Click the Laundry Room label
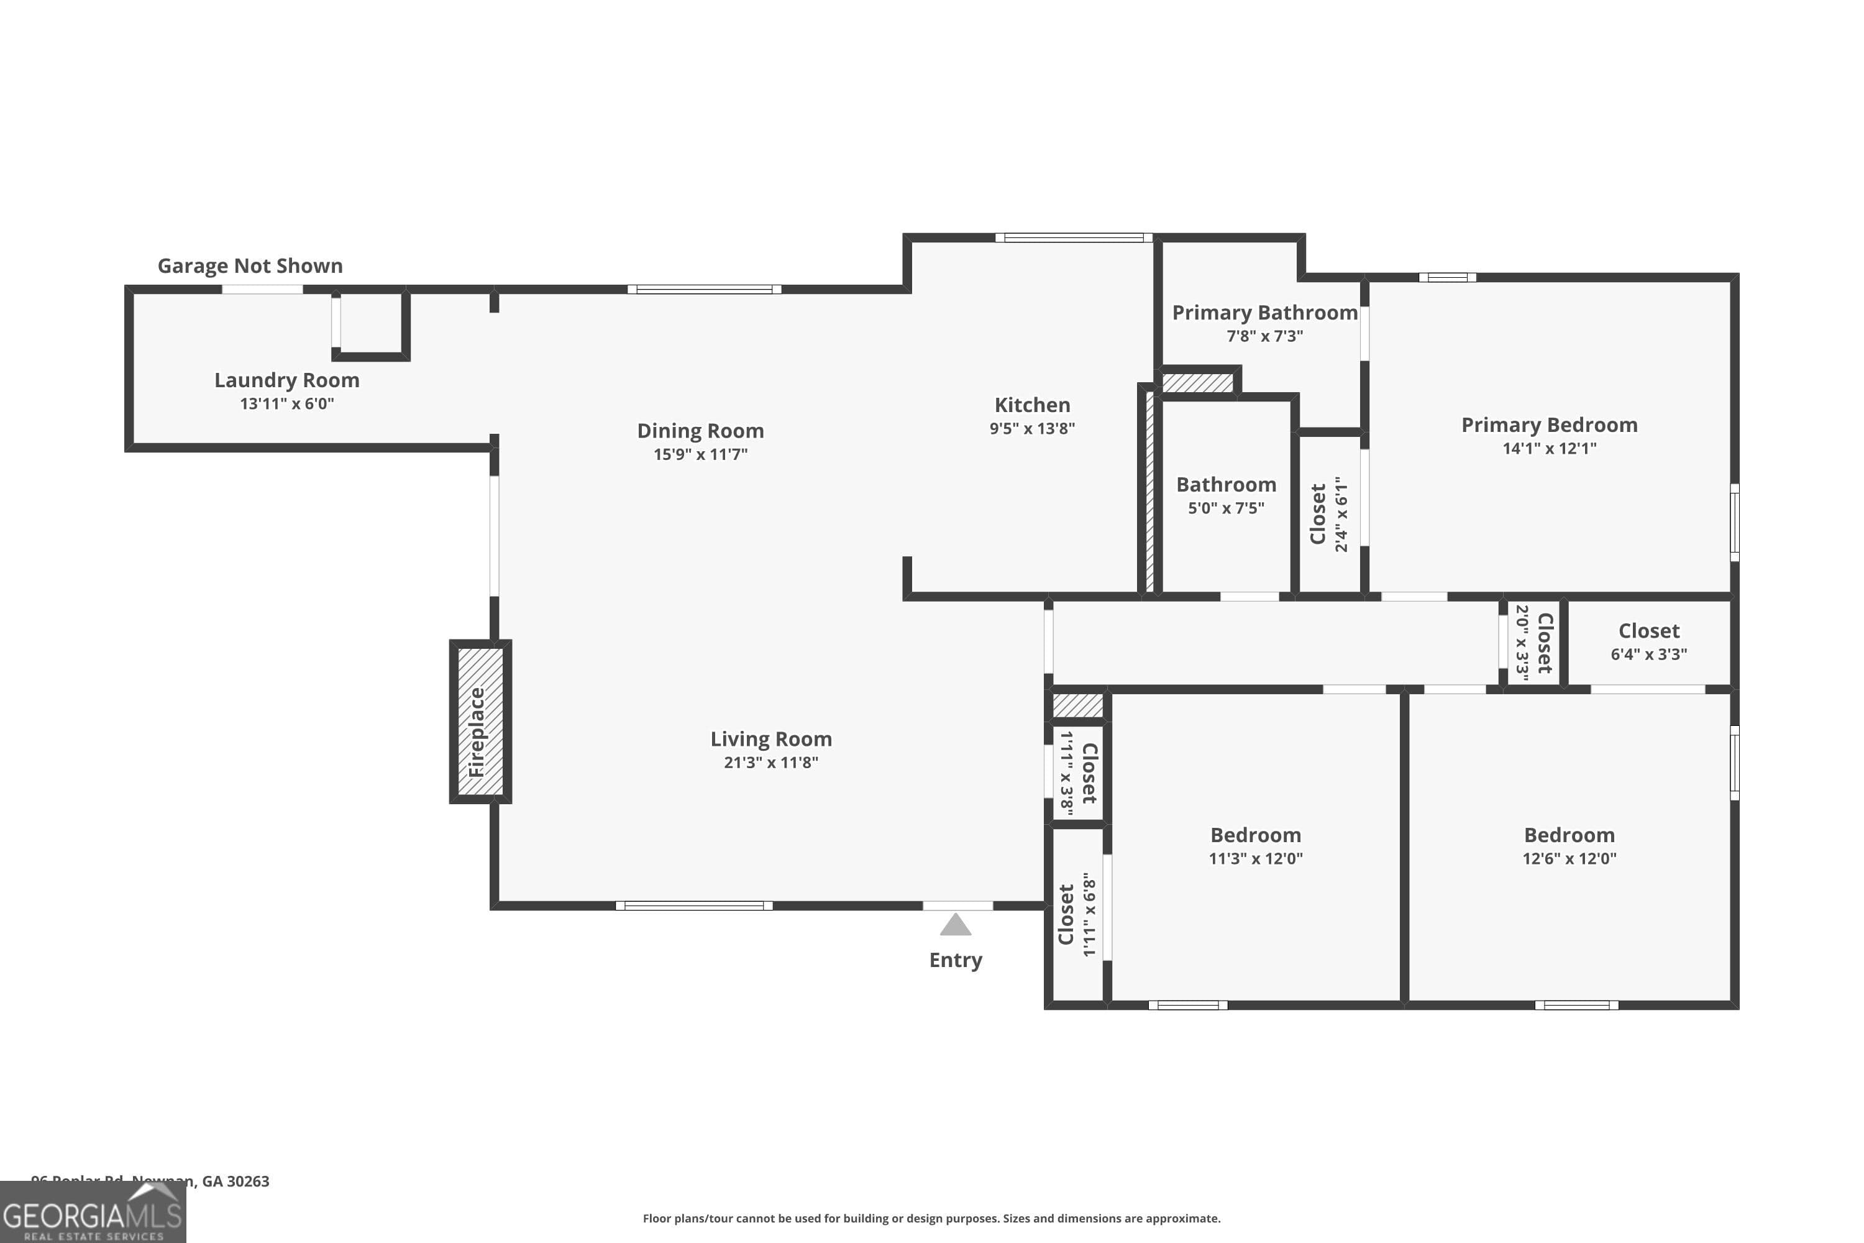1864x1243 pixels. (287, 380)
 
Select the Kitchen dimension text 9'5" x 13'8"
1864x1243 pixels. (1032, 429)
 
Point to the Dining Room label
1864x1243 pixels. (701, 431)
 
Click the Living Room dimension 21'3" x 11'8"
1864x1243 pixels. (770, 763)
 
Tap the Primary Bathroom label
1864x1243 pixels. (1265, 313)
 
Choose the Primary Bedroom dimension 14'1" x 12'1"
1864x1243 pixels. (1550, 449)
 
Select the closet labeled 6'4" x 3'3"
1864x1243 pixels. (1648, 642)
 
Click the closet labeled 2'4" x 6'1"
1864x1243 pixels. (1329, 514)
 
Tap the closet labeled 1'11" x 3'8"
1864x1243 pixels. (1078, 773)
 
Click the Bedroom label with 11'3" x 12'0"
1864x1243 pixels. (1255, 835)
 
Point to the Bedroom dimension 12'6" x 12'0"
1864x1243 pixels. (1569, 858)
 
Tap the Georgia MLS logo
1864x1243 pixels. (93, 1213)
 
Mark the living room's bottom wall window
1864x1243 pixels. (694, 906)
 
